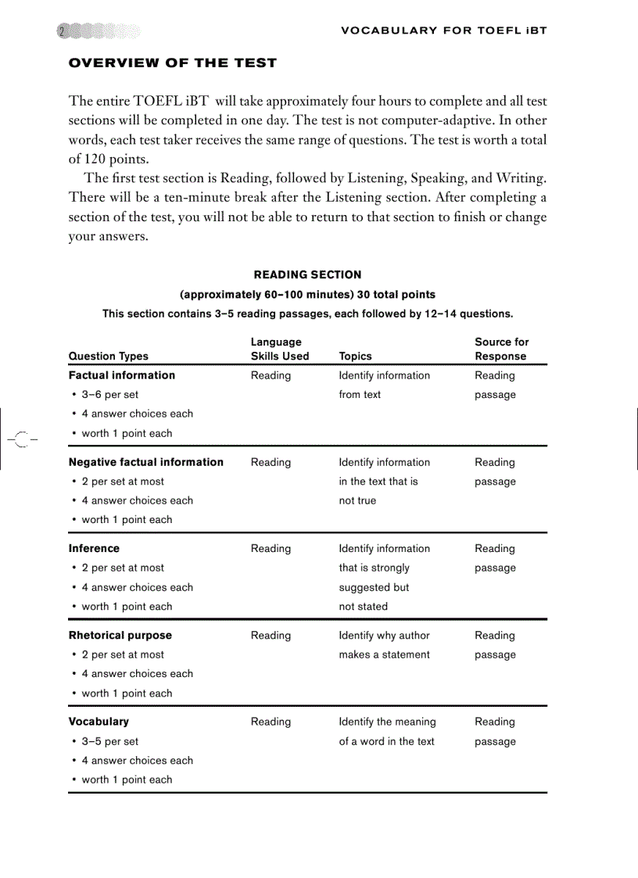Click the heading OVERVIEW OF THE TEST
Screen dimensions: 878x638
173,63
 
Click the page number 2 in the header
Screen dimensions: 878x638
62,31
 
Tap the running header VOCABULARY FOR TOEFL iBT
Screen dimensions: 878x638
444,30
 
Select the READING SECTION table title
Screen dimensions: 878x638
307,274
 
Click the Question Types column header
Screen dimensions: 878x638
108,356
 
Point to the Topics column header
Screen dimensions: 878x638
355,356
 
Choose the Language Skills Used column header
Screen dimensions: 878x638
279,349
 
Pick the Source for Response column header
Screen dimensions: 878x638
501,349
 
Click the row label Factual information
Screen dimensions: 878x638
122,375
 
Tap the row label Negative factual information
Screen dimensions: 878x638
146,462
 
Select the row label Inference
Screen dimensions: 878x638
94,549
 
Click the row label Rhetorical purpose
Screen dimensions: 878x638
120,636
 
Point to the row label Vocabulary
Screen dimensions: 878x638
99,722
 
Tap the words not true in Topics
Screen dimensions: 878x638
357,500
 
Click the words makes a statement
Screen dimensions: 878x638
384,654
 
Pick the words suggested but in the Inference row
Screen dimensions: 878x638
374,587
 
